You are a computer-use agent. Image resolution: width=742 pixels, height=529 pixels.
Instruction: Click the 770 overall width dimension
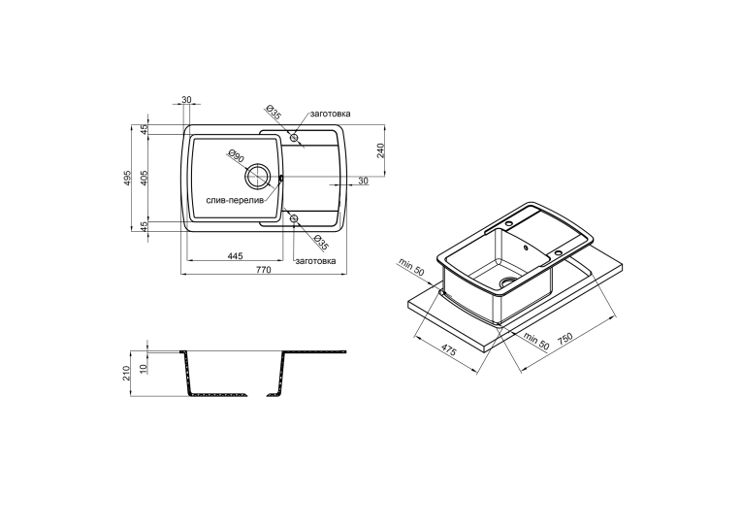point(264,270)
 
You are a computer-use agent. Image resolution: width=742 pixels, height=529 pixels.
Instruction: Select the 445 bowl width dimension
point(235,256)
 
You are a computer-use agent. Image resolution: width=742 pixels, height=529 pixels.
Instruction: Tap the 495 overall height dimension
point(127,178)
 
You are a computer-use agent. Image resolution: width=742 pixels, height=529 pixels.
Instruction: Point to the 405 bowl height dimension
point(145,178)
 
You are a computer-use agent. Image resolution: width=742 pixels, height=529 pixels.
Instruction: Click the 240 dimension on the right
point(382,149)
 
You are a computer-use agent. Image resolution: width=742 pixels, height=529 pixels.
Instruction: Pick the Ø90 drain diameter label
point(236,155)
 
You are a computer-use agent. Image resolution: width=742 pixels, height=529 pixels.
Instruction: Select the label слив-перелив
point(235,201)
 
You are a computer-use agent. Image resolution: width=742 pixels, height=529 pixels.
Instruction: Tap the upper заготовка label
point(331,114)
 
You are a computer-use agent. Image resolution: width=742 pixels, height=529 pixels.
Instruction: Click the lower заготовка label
point(315,261)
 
